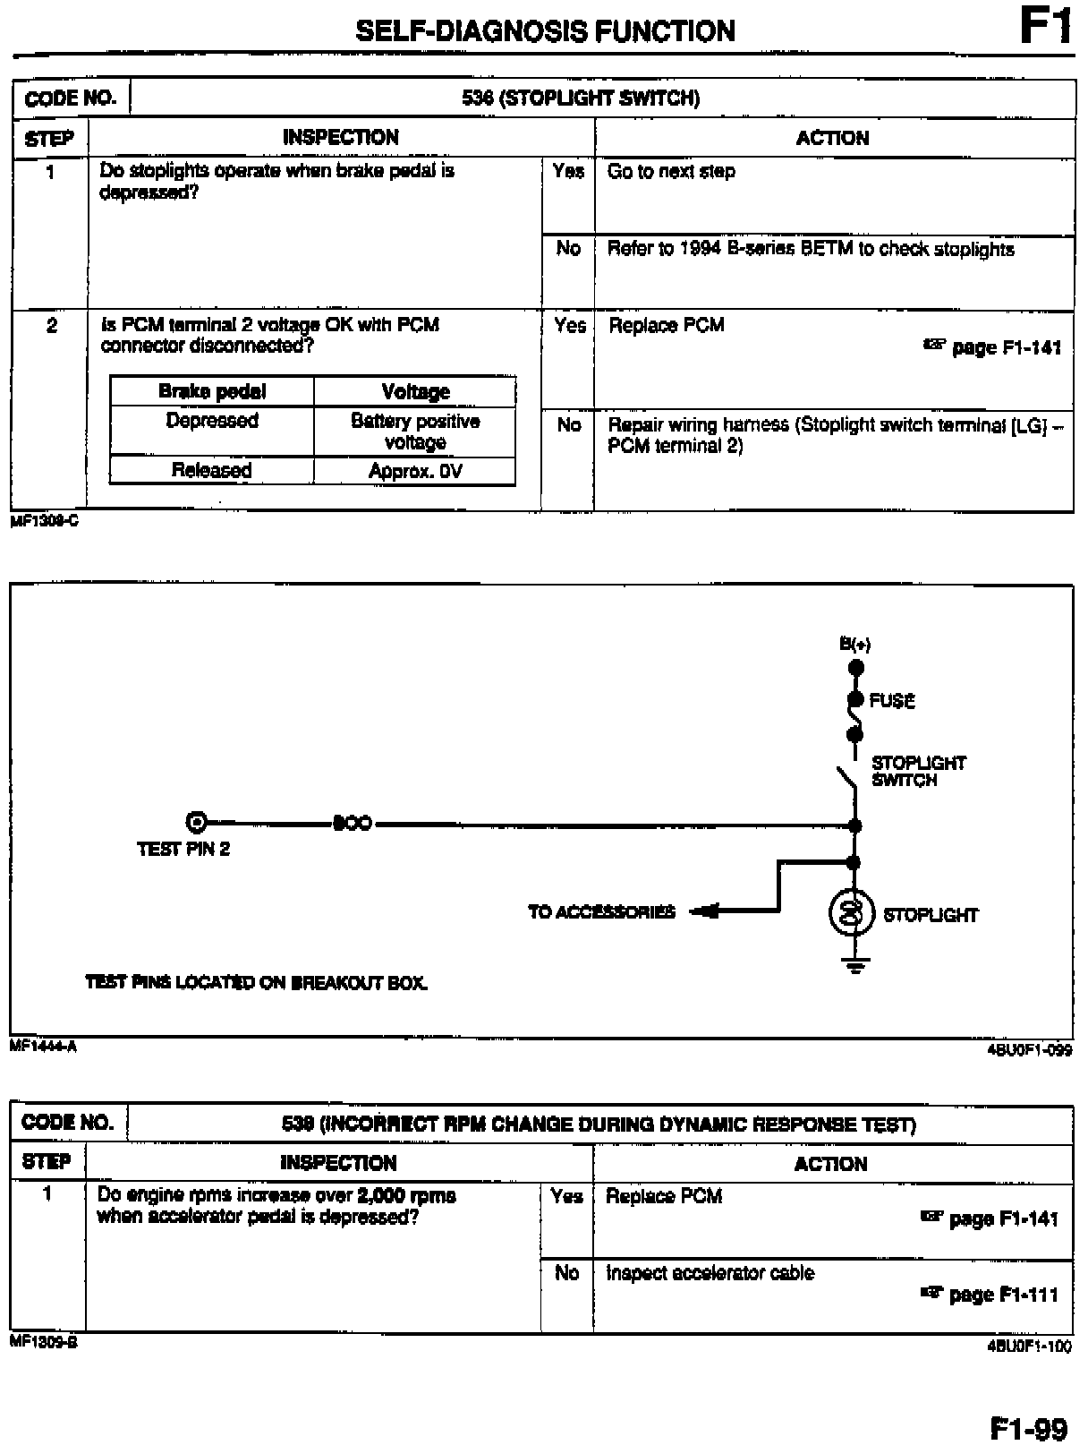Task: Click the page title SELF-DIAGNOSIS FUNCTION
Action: point(545,31)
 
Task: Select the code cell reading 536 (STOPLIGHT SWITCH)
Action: point(580,98)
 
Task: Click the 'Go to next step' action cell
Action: point(671,172)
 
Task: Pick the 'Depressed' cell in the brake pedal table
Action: point(212,421)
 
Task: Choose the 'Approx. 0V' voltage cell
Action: point(415,471)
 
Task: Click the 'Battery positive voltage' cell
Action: point(415,432)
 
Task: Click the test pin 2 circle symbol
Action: point(196,822)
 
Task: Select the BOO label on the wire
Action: point(352,823)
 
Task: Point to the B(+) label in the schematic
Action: point(854,644)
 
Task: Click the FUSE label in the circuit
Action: point(892,701)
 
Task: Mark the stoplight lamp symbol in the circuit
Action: point(853,913)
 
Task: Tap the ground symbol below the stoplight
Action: point(854,965)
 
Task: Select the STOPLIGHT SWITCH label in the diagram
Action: point(918,771)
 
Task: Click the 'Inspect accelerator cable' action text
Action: point(710,1273)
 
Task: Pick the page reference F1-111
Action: point(1003,1295)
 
